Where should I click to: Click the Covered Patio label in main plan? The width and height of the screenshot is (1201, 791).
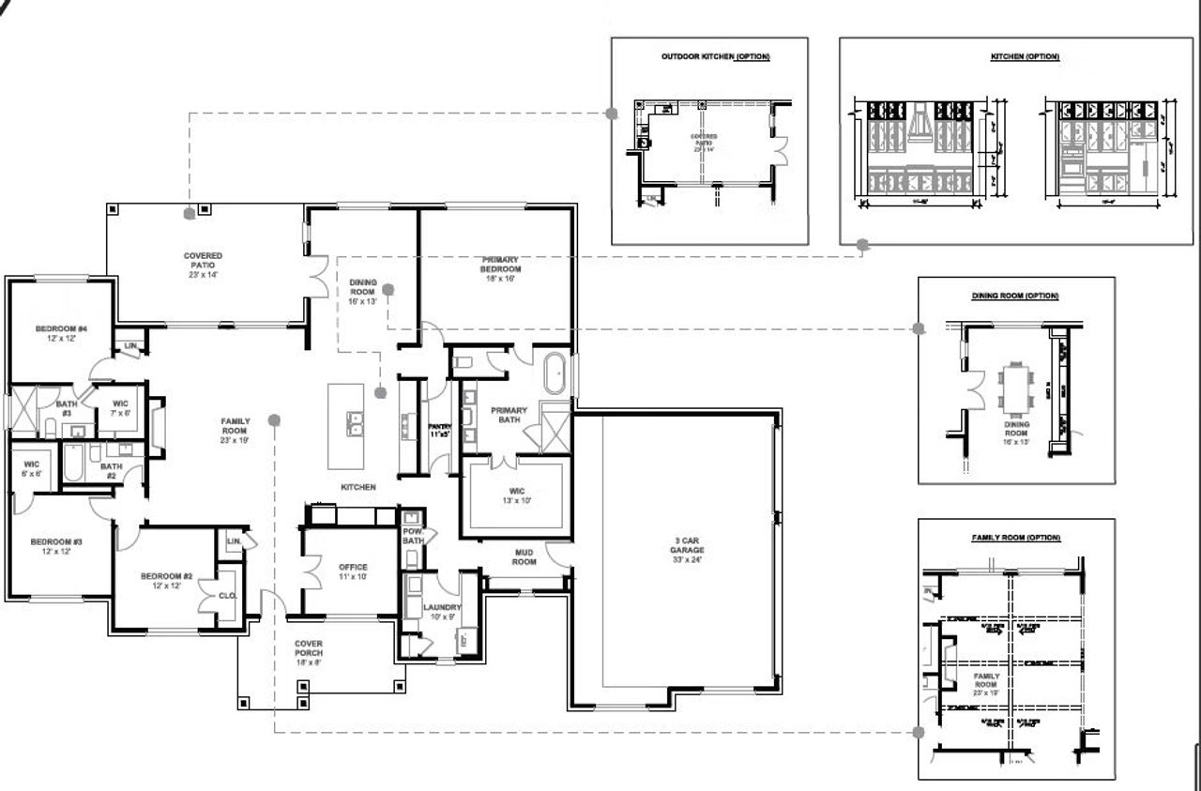pyautogui.click(x=203, y=265)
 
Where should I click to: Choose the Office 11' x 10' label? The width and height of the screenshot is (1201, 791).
pyautogui.click(x=353, y=571)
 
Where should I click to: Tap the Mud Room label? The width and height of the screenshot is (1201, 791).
pyautogui.click(x=524, y=557)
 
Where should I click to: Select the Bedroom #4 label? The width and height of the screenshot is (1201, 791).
pyautogui.click(x=61, y=333)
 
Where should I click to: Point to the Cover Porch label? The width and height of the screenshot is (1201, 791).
pyautogui.click(x=309, y=652)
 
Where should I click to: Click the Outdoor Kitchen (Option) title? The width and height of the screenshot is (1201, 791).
pyautogui.click(x=715, y=57)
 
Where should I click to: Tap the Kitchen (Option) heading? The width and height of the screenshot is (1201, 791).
pyautogui.click(x=1025, y=57)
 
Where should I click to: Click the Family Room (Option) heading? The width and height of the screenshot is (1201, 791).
pyautogui.click(x=1015, y=538)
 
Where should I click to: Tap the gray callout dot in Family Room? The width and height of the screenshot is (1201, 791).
pyautogui.click(x=273, y=420)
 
